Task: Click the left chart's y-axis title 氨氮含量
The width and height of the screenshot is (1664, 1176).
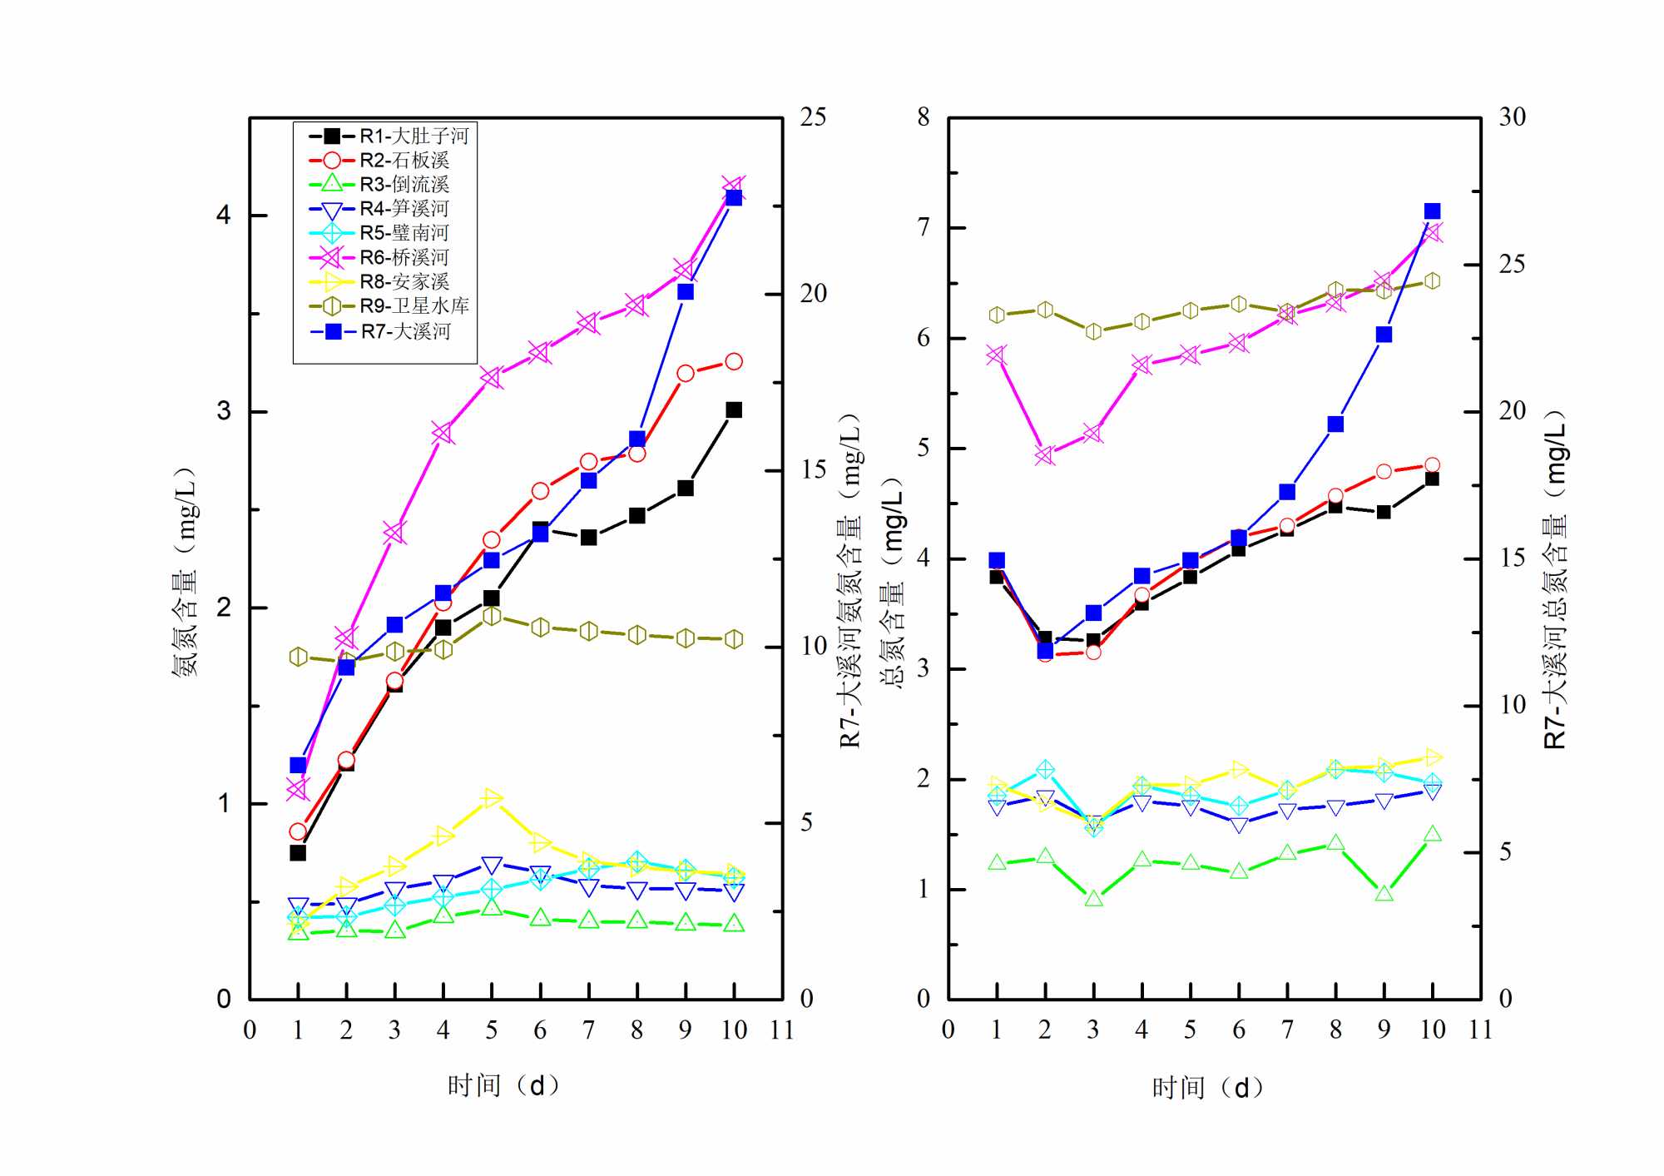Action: pyautogui.click(x=185, y=572)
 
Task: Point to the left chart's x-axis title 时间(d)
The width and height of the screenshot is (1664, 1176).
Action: pyautogui.click(x=503, y=1085)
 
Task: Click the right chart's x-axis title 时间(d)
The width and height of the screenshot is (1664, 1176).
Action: pyautogui.click(x=1207, y=1087)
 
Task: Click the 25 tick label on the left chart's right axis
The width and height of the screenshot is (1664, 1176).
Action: pyautogui.click(x=813, y=117)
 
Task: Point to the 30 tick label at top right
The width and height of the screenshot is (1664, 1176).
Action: pyautogui.click(x=1512, y=117)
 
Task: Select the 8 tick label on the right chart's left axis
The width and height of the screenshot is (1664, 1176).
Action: pyautogui.click(x=924, y=117)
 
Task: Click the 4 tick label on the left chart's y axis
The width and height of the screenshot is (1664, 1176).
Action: pyautogui.click(x=223, y=216)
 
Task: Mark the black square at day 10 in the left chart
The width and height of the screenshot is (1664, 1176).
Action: pyautogui.click(x=734, y=409)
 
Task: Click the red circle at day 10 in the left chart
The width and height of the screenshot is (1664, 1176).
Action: pyautogui.click(x=734, y=361)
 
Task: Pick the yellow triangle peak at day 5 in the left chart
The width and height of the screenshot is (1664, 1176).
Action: pyautogui.click(x=492, y=798)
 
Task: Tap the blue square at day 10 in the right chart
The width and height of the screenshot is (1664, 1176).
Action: pyautogui.click(x=1432, y=211)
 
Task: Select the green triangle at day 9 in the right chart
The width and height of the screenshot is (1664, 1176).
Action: pyautogui.click(x=1384, y=894)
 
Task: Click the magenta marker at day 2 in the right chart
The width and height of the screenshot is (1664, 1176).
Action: pyautogui.click(x=1045, y=455)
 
